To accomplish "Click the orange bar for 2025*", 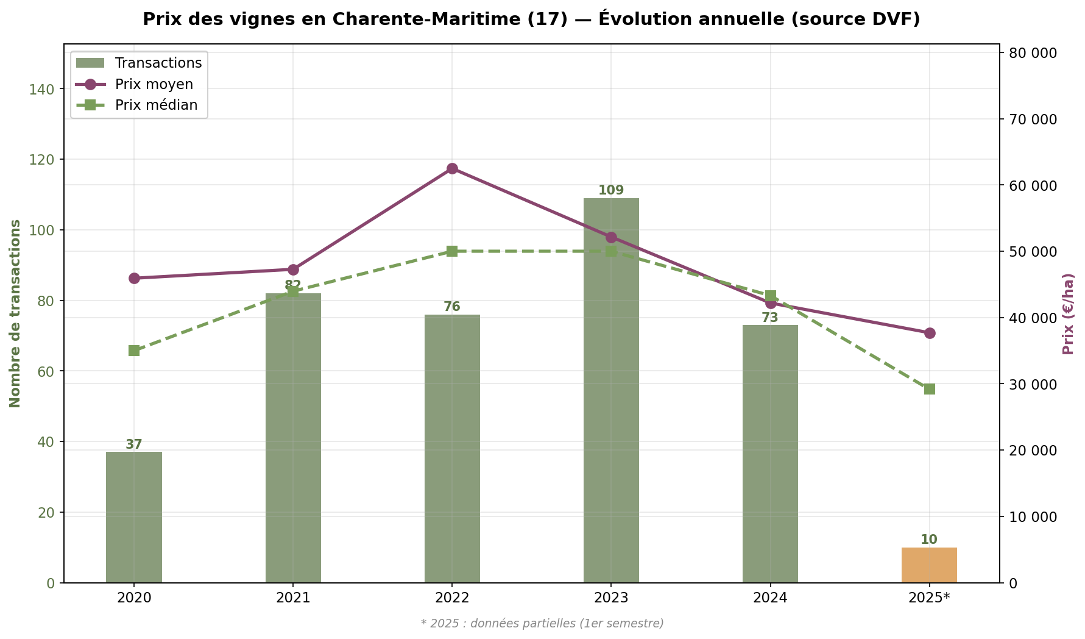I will tap(929, 565).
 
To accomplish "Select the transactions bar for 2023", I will tap(611, 390).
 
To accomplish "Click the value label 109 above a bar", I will tap(611, 190).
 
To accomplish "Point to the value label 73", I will tap(770, 318).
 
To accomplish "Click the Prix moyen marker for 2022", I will tap(452, 169).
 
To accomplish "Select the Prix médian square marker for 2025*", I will tap(929, 389).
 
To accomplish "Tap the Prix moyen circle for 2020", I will tap(134, 278).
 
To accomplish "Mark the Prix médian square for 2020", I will tap(134, 351).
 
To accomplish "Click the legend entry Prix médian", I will tap(156, 105).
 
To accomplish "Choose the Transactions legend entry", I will tap(158, 63).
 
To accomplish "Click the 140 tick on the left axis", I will tap(42, 89).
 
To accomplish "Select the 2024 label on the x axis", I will tap(770, 598).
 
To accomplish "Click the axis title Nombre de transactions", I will tap(15, 313).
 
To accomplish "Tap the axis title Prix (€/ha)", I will tap(1067, 313).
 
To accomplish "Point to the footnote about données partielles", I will tap(542, 623).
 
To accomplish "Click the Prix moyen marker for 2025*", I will tap(929, 333).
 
